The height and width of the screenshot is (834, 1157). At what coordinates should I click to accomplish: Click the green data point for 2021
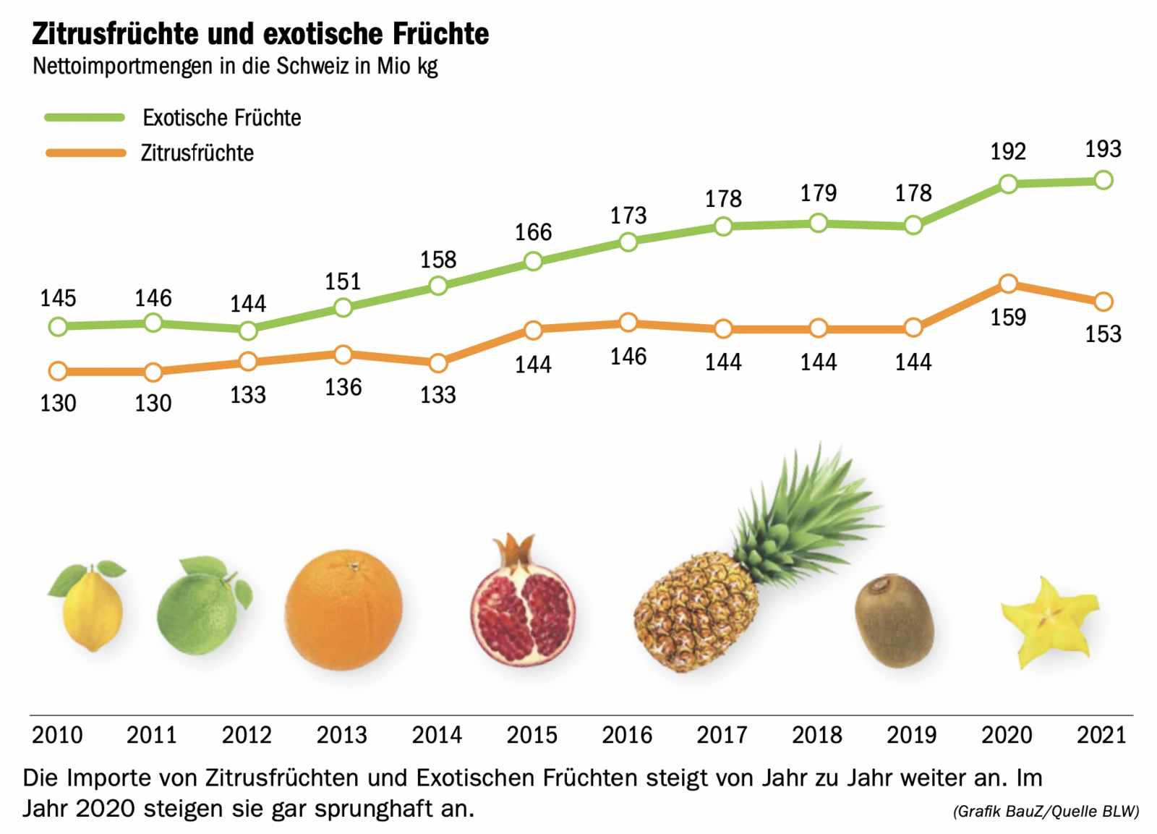(x=1103, y=180)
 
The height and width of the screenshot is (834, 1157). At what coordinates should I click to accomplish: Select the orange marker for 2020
(x=1008, y=284)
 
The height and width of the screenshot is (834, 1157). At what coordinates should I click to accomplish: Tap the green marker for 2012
(x=248, y=331)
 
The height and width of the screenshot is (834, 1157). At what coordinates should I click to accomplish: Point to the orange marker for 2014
(x=438, y=362)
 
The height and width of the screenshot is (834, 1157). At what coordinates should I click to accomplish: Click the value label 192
(x=1008, y=152)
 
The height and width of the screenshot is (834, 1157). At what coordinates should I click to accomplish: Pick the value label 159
(x=1008, y=318)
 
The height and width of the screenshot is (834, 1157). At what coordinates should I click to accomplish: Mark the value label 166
(x=533, y=232)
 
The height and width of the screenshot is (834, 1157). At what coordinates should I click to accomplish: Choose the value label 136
(x=343, y=388)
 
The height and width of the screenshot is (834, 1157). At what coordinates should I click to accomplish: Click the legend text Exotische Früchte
(x=221, y=118)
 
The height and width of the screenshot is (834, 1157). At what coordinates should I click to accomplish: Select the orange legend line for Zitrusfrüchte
(x=85, y=153)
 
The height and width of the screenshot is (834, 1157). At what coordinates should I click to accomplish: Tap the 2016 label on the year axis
(x=627, y=735)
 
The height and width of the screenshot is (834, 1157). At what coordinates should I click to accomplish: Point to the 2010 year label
(x=57, y=735)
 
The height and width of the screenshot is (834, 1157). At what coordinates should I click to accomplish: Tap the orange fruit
(x=343, y=610)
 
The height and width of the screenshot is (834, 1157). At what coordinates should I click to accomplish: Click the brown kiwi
(x=895, y=620)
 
